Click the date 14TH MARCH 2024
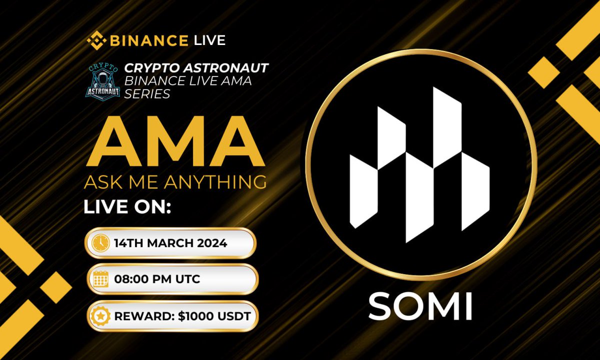pyautogui.click(x=170, y=243)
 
